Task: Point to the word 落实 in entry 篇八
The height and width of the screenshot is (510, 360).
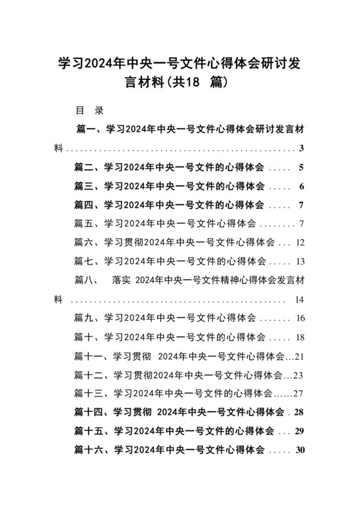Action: (x=121, y=280)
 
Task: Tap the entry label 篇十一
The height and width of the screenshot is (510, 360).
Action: (x=89, y=356)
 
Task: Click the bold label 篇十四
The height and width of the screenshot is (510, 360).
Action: (x=89, y=412)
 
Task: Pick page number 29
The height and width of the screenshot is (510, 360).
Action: (x=299, y=431)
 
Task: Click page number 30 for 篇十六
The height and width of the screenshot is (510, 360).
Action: (x=299, y=450)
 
